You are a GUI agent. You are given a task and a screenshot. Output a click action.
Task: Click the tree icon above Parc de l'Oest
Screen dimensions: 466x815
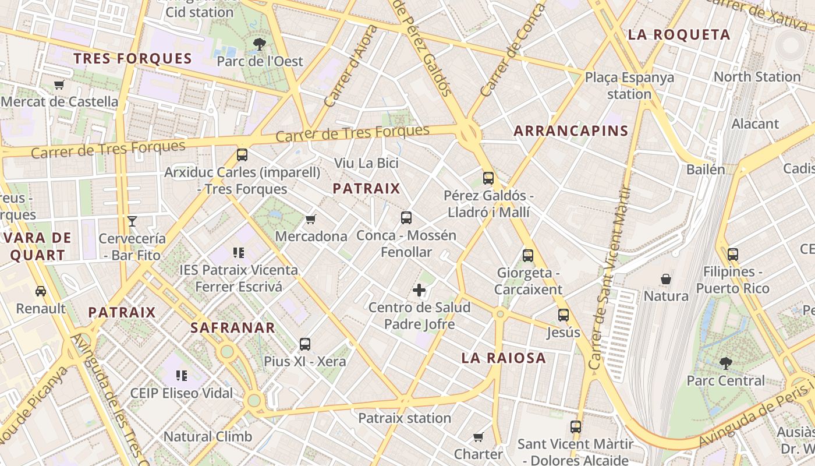pos(259,44)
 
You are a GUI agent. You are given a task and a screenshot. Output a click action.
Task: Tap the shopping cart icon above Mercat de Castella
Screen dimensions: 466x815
pos(59,84)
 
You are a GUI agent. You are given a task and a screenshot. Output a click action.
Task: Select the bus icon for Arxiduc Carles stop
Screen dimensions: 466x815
pos(242,155)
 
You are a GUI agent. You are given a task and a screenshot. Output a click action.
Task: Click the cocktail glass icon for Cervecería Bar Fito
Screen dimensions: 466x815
pos(132,221)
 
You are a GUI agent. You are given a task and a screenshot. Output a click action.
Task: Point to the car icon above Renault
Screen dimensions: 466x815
pos(41,291)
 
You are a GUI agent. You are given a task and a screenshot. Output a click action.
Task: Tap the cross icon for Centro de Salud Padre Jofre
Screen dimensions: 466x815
pos(419,290)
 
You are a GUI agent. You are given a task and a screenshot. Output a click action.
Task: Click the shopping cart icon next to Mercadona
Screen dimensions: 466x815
pos(311,219)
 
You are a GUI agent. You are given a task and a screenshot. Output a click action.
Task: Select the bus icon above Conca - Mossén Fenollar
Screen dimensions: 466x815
pos(406,218)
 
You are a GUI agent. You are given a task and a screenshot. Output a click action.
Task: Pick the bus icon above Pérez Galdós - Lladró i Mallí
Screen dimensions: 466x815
pos(488,178)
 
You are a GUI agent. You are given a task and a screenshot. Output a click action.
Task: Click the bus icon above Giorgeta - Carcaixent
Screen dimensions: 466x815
pos(528,255)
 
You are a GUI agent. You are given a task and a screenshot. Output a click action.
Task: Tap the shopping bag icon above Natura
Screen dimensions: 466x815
pos(666,279)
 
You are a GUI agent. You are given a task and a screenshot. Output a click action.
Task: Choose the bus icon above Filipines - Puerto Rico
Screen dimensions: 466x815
pos(733,254)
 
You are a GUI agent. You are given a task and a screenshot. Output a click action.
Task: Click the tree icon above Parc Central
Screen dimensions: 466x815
pos(725,363)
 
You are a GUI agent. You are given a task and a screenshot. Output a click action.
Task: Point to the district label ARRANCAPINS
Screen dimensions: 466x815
pos(570,130)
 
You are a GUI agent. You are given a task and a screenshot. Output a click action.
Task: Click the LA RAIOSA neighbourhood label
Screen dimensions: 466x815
pos(504,358)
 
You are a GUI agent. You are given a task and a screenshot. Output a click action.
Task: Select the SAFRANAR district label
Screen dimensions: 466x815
pos(233,327)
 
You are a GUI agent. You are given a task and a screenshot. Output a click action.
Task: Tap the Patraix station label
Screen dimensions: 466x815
pos(405,418)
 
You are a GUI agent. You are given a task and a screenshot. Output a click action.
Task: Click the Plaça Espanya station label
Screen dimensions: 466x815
pos(629,85)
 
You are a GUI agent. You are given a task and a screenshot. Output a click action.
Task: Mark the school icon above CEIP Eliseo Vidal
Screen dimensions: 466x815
pos(182,375)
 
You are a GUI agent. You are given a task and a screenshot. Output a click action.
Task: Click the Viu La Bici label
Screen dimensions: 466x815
pos(366,163)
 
